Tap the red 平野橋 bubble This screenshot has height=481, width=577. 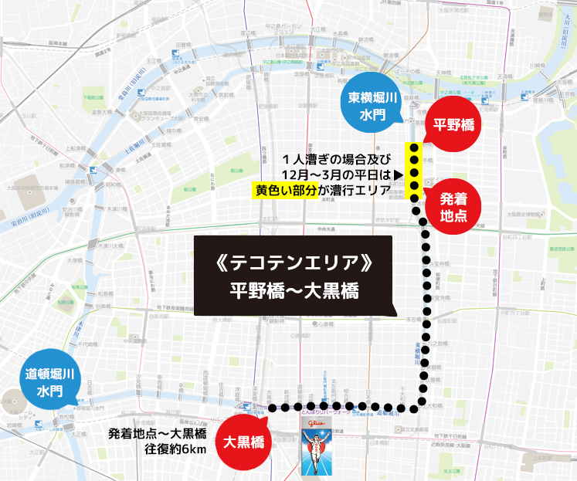point(453,123)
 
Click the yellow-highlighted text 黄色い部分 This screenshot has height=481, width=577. point(286,188)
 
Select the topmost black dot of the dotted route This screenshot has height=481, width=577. point(414,147)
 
